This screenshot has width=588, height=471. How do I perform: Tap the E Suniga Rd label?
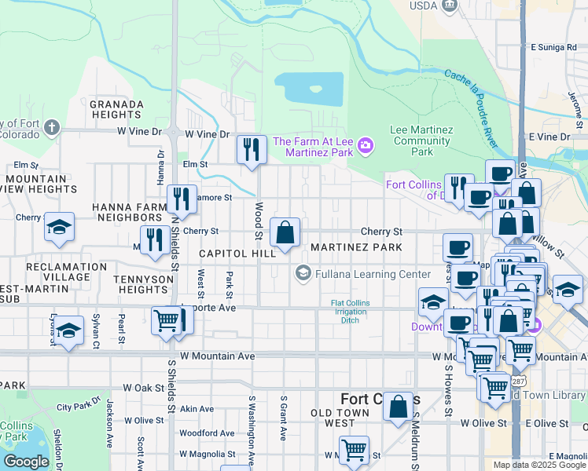(553, 47)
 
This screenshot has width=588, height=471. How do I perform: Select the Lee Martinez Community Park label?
(421, 141)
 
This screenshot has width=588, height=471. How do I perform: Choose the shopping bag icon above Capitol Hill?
(285, 232)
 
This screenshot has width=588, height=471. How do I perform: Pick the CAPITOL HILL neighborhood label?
(237, 254)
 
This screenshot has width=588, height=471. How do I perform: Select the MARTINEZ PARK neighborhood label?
(356, 247)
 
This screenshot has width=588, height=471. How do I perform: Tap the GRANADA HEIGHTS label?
(116, 109)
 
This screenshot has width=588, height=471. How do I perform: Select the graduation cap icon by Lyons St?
(69, 330)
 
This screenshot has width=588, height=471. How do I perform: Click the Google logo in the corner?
(26, 461)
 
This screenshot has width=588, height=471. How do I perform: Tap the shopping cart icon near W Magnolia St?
(355, 450)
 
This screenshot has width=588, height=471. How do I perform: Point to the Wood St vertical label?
(257, 220)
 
